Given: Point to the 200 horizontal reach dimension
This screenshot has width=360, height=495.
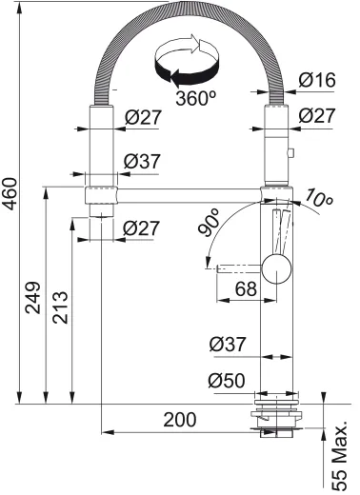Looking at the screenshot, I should pyautogui.click(x=179, y=420).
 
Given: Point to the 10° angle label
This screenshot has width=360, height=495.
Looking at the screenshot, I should pyautogui.click(x=321, y=199).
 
